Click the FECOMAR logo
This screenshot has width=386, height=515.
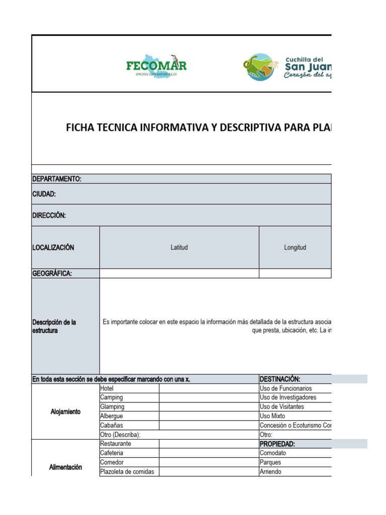[x=156, y=66]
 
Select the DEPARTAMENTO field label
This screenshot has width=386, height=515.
[x=57, y=179]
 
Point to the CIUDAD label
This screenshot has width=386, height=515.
[x=44, y=194]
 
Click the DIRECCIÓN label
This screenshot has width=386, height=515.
[x=49, y=215]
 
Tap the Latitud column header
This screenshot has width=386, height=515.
[x=179, y=247]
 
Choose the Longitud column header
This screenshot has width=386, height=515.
[x=295, y=247]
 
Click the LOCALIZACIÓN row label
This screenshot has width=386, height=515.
[x=53, y=247]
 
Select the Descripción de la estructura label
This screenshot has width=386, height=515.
[x=54, y=326]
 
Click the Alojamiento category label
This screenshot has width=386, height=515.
[x=65, y=412]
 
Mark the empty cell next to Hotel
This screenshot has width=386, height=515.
[x=209, y=388]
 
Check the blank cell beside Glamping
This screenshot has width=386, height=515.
[x=209, y=407]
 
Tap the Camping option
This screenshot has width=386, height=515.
[x=112, y=397]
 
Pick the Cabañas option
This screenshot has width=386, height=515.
[x=112, y=425]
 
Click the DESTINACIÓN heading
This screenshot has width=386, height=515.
[x=280, y=379]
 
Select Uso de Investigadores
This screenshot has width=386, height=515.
[x=288, y=397]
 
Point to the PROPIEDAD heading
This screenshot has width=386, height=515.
[x=277, y=444]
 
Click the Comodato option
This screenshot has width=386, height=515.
[x=273, y=453]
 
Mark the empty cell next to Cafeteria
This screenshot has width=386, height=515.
[x=209, y=453]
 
